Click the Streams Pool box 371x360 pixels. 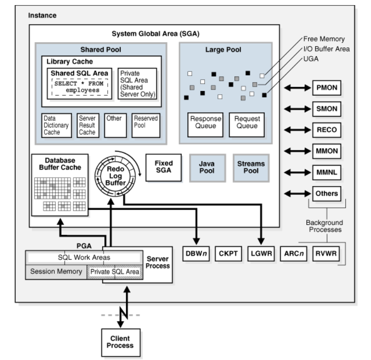click(x=251, y=167)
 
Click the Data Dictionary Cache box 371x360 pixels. click(x=57, y=125)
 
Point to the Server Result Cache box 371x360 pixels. click(x=87, y=125)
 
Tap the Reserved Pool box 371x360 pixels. click(x=145, y=125)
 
